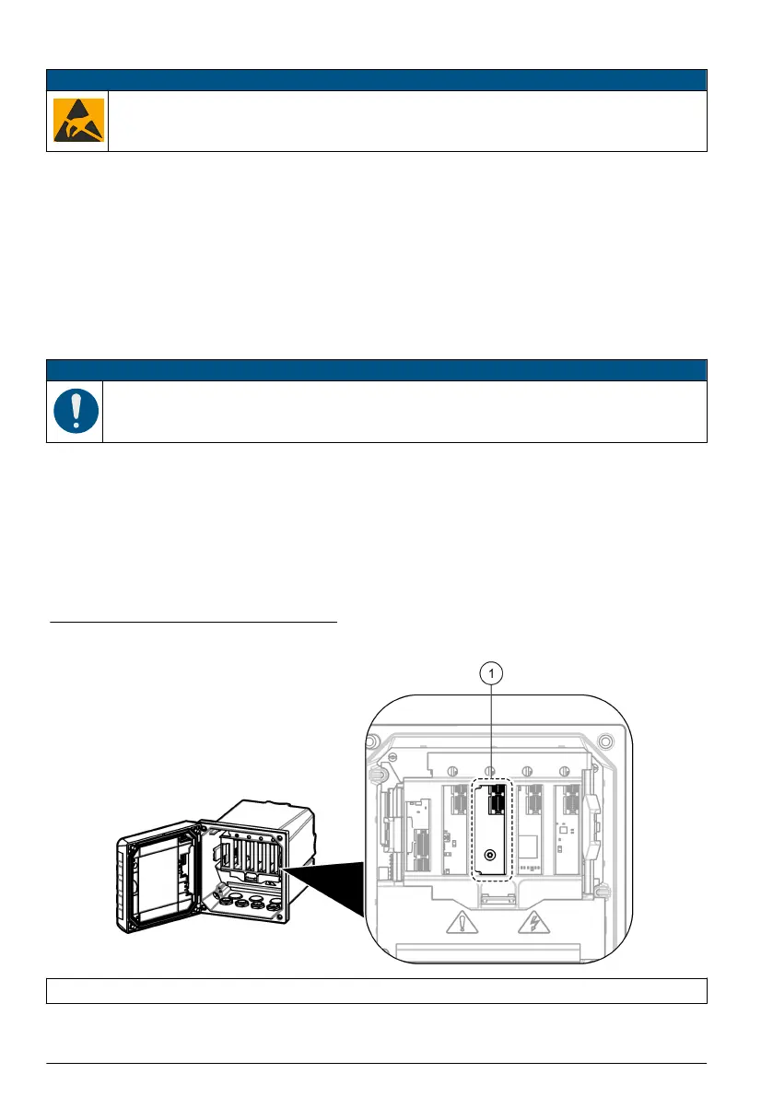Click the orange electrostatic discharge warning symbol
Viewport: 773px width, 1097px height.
point(77,121)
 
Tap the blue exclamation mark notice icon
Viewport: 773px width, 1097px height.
point(76,412)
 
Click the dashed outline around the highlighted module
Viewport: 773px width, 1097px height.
point(474,829)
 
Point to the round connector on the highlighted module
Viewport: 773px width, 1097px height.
point(492,854)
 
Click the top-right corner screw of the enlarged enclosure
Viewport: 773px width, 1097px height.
point(603,740)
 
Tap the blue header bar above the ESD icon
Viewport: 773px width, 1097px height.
point(376,78)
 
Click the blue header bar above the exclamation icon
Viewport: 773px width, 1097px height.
point(376,370)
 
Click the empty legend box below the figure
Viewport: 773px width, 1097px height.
point(376,990)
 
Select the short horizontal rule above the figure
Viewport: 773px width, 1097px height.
point(193,622)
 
